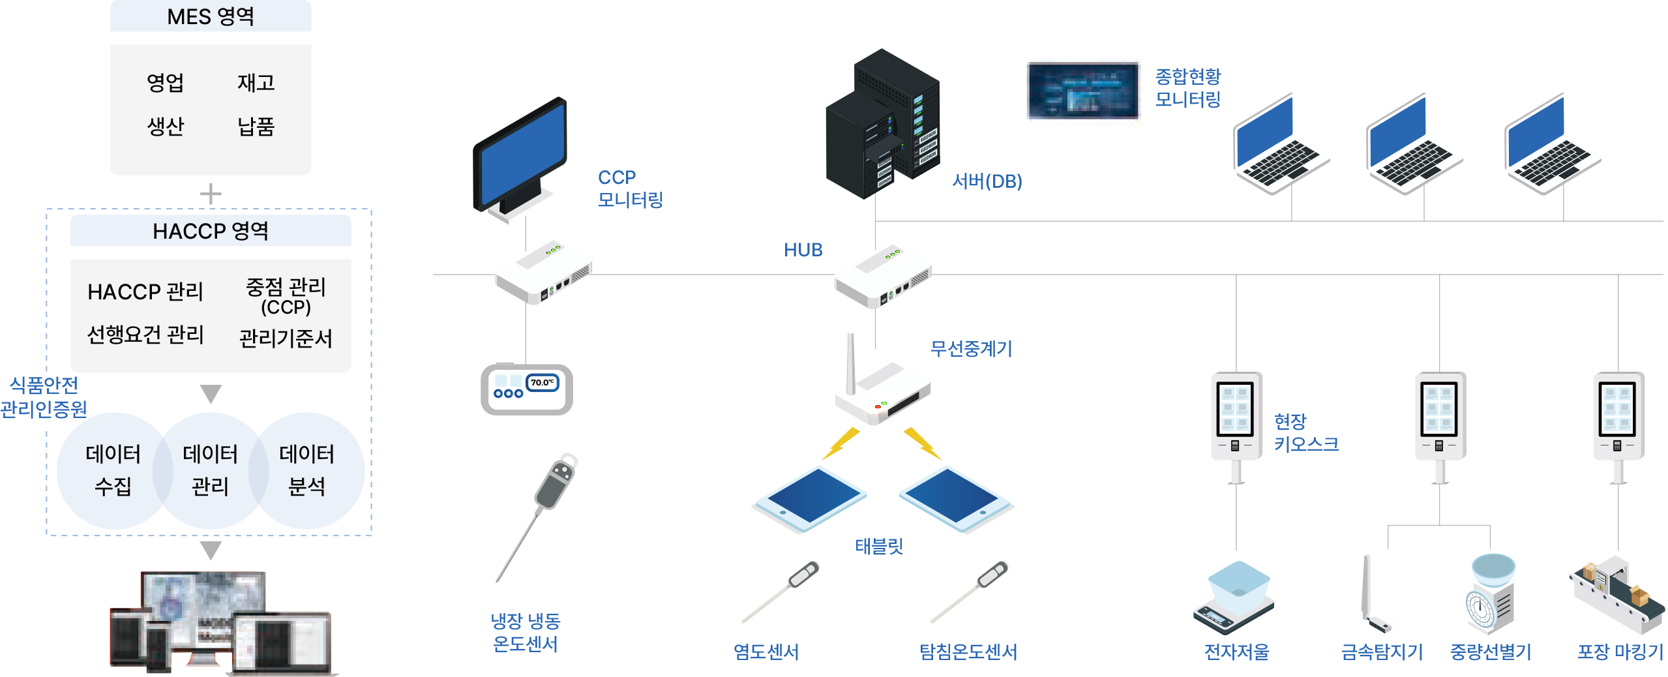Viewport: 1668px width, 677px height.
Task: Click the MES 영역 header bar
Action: click(211, 16)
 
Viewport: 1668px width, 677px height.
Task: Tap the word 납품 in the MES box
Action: click(256, 126)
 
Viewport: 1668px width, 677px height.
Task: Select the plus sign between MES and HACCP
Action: click(211, 194)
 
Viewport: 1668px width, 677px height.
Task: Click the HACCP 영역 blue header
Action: click(211, 231)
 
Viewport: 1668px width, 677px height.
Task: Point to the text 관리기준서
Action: click(286, 338)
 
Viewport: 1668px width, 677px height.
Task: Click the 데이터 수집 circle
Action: click(113, 470)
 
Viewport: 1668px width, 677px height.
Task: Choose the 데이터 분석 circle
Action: click(307, 470)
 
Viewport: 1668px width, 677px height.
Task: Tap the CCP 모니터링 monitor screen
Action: click(522, 153)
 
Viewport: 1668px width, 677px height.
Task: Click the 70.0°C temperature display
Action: click(542, 383)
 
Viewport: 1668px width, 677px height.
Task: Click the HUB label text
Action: click(803, 250)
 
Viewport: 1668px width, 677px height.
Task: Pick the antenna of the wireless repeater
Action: click(850, 362)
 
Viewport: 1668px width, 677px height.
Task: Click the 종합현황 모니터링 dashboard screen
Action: click(1084, 92)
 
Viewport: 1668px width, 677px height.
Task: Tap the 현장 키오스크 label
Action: click(1306, 432)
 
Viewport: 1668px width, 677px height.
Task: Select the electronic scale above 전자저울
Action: click(1234, 597)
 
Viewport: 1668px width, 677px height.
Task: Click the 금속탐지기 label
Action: click(1382, 652)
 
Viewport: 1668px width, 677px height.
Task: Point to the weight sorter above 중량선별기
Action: click(1491, 594)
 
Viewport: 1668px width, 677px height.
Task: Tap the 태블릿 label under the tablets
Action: click(879, 546)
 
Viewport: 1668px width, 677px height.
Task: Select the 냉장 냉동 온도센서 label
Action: click(526, 632)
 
